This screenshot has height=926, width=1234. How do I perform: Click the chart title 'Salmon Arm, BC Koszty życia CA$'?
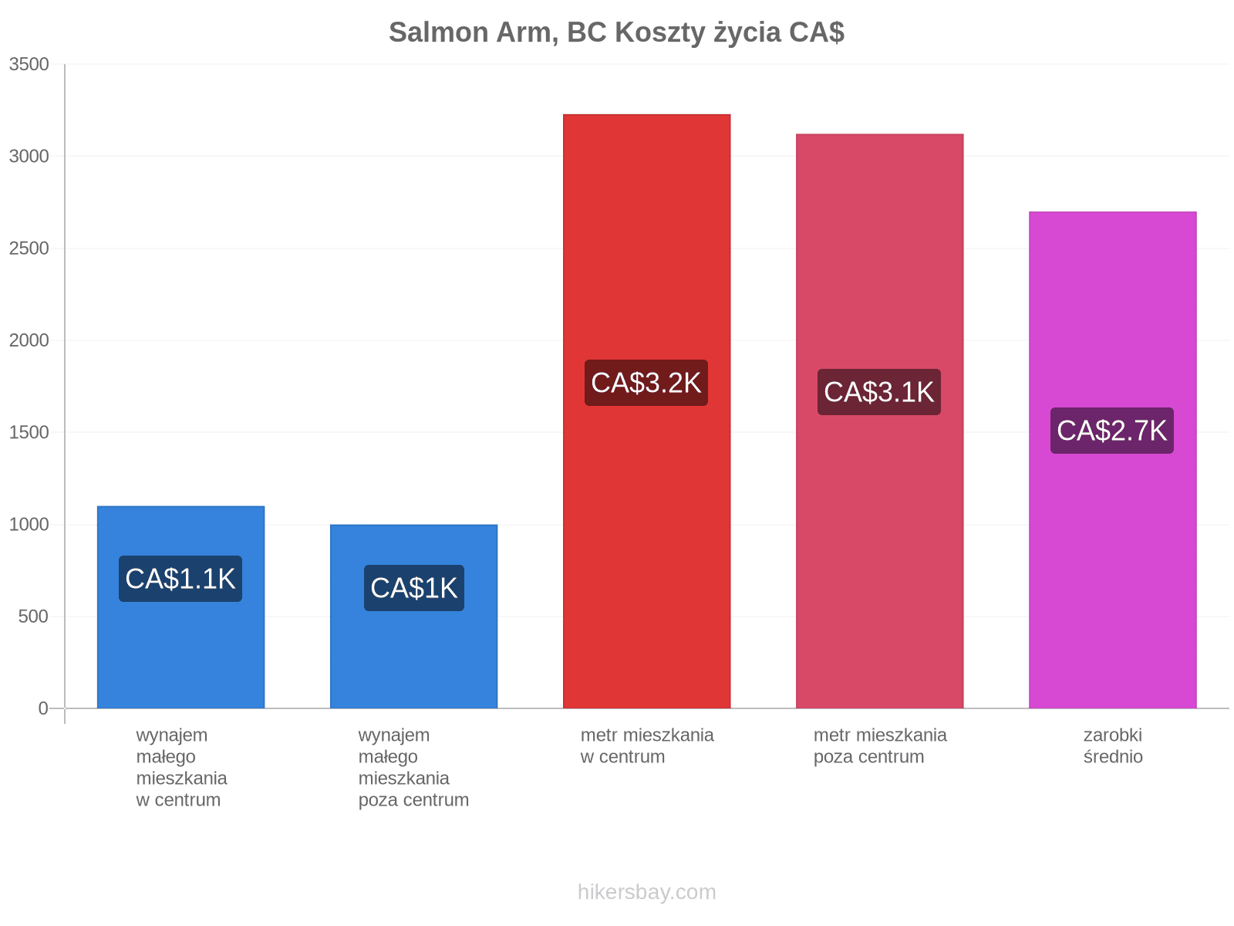[616, 32]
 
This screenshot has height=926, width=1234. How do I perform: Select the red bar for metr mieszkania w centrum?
[646, 411]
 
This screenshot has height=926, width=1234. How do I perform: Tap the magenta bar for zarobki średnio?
[1113, 460]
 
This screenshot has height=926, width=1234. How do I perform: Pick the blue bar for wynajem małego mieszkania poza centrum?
[413, 617]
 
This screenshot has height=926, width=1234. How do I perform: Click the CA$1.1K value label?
[180, 579]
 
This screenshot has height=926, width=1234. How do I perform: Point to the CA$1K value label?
[413, 588]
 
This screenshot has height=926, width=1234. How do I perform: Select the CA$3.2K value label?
[646, 383]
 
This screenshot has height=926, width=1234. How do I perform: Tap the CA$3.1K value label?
[879, 392]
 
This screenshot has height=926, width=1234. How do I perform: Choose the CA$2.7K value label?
[1112, 431]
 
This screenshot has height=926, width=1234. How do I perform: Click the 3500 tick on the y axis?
[29, 64]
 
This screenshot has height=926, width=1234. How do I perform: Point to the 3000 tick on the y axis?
[29, 157]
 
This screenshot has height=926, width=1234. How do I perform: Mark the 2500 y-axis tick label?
[29, 248]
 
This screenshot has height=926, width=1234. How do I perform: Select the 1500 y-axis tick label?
[29, 432]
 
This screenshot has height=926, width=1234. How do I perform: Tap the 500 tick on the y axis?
[33, 617]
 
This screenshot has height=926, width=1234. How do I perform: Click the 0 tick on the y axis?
[43, 708]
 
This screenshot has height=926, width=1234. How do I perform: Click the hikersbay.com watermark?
[646, 892]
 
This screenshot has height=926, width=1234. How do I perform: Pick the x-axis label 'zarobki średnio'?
[1113, 746]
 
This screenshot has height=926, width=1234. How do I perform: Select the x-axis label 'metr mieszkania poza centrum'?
[880, 746]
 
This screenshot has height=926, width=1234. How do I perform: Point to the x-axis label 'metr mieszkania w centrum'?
[646, 746]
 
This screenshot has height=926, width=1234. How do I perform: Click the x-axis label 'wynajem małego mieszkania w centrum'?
[181, 768]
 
